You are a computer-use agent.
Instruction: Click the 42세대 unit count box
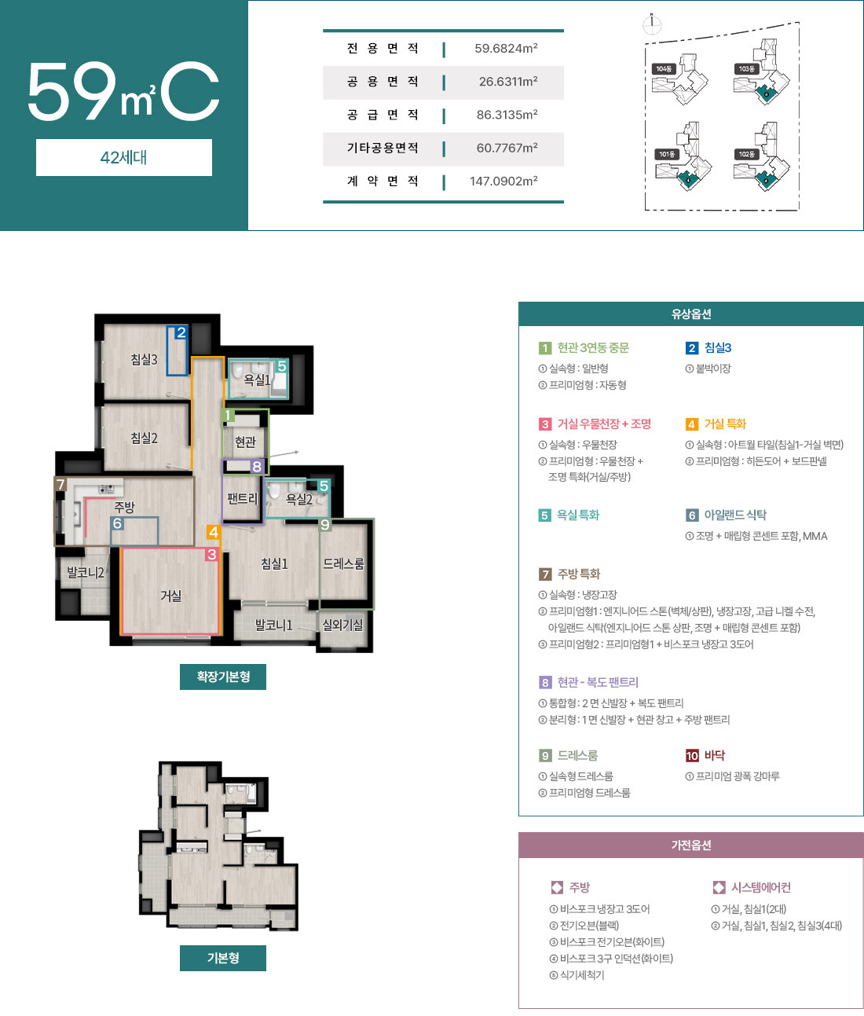click(124, 157)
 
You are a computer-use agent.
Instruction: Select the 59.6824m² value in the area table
click(506, 49)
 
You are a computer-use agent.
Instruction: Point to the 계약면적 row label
click(383, 182)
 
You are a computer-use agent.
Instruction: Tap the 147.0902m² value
click(503, 182)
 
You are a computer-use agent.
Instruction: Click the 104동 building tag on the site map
click(664, 69)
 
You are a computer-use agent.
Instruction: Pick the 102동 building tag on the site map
click(746, 155)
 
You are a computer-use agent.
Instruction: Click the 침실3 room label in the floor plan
click(144, 360)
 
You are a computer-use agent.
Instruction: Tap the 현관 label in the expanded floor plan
click(245, 442)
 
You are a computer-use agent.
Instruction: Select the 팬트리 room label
click(242, 498)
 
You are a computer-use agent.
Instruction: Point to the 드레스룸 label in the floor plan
click(343, 564)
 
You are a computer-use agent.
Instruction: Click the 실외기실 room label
click(342, 625)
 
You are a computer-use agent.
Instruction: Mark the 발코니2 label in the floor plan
click(85, 573)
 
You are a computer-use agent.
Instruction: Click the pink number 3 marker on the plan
click(211, 555)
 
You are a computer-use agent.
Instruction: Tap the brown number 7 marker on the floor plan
click(60, 485)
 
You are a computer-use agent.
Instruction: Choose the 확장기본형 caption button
click(223, 677)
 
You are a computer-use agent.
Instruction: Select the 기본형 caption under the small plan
click(223, 958)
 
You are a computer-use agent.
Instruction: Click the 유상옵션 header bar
click(690, 314)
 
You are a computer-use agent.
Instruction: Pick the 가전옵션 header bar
click(690, 845)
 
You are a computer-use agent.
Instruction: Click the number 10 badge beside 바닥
click(692, 756)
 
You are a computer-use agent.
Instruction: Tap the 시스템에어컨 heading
click(760, 888)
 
